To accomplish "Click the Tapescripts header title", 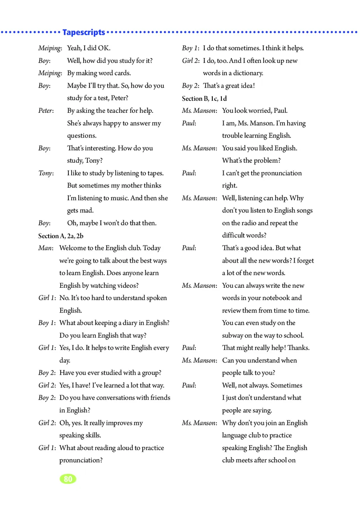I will (84, 32).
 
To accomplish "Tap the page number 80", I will (68, 479).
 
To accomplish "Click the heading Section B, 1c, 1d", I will (204, 98).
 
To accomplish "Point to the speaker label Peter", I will (46, 111).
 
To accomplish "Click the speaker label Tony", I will (46, 173).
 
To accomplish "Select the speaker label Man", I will (46, 248).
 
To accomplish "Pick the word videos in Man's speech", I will (127, 286).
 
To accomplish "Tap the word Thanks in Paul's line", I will (298, 348).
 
